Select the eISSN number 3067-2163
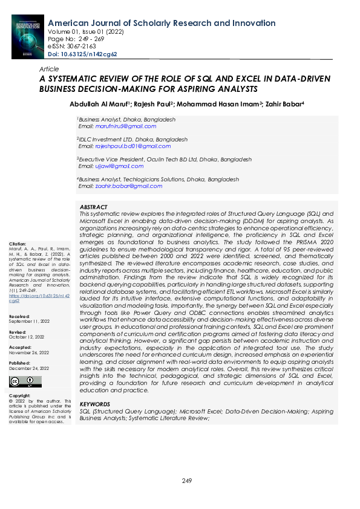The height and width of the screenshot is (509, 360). click(x=80, y=47)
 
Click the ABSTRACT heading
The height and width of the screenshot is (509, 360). click(x=94, y=207)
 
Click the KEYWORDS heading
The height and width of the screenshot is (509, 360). click(x=95, y=404)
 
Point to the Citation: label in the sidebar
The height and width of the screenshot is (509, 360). click(x=18, y=244)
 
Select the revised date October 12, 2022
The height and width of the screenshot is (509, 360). click(x=28, y=337)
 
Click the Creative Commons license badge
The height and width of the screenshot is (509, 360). click(x=26, y=381)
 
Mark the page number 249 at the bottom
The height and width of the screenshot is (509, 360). click(x=187, y=481)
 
